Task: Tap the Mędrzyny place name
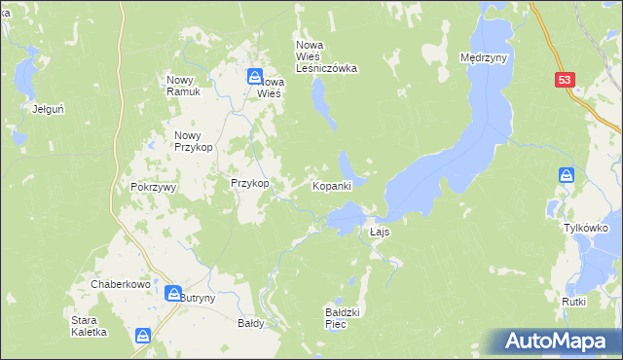484,58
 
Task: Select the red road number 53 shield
566,82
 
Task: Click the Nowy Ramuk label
183,86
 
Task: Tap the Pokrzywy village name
151,188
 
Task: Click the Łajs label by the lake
381,233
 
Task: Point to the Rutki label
573,302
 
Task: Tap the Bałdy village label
251,322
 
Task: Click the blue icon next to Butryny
172,293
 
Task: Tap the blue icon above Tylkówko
568,175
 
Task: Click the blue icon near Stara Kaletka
143,336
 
